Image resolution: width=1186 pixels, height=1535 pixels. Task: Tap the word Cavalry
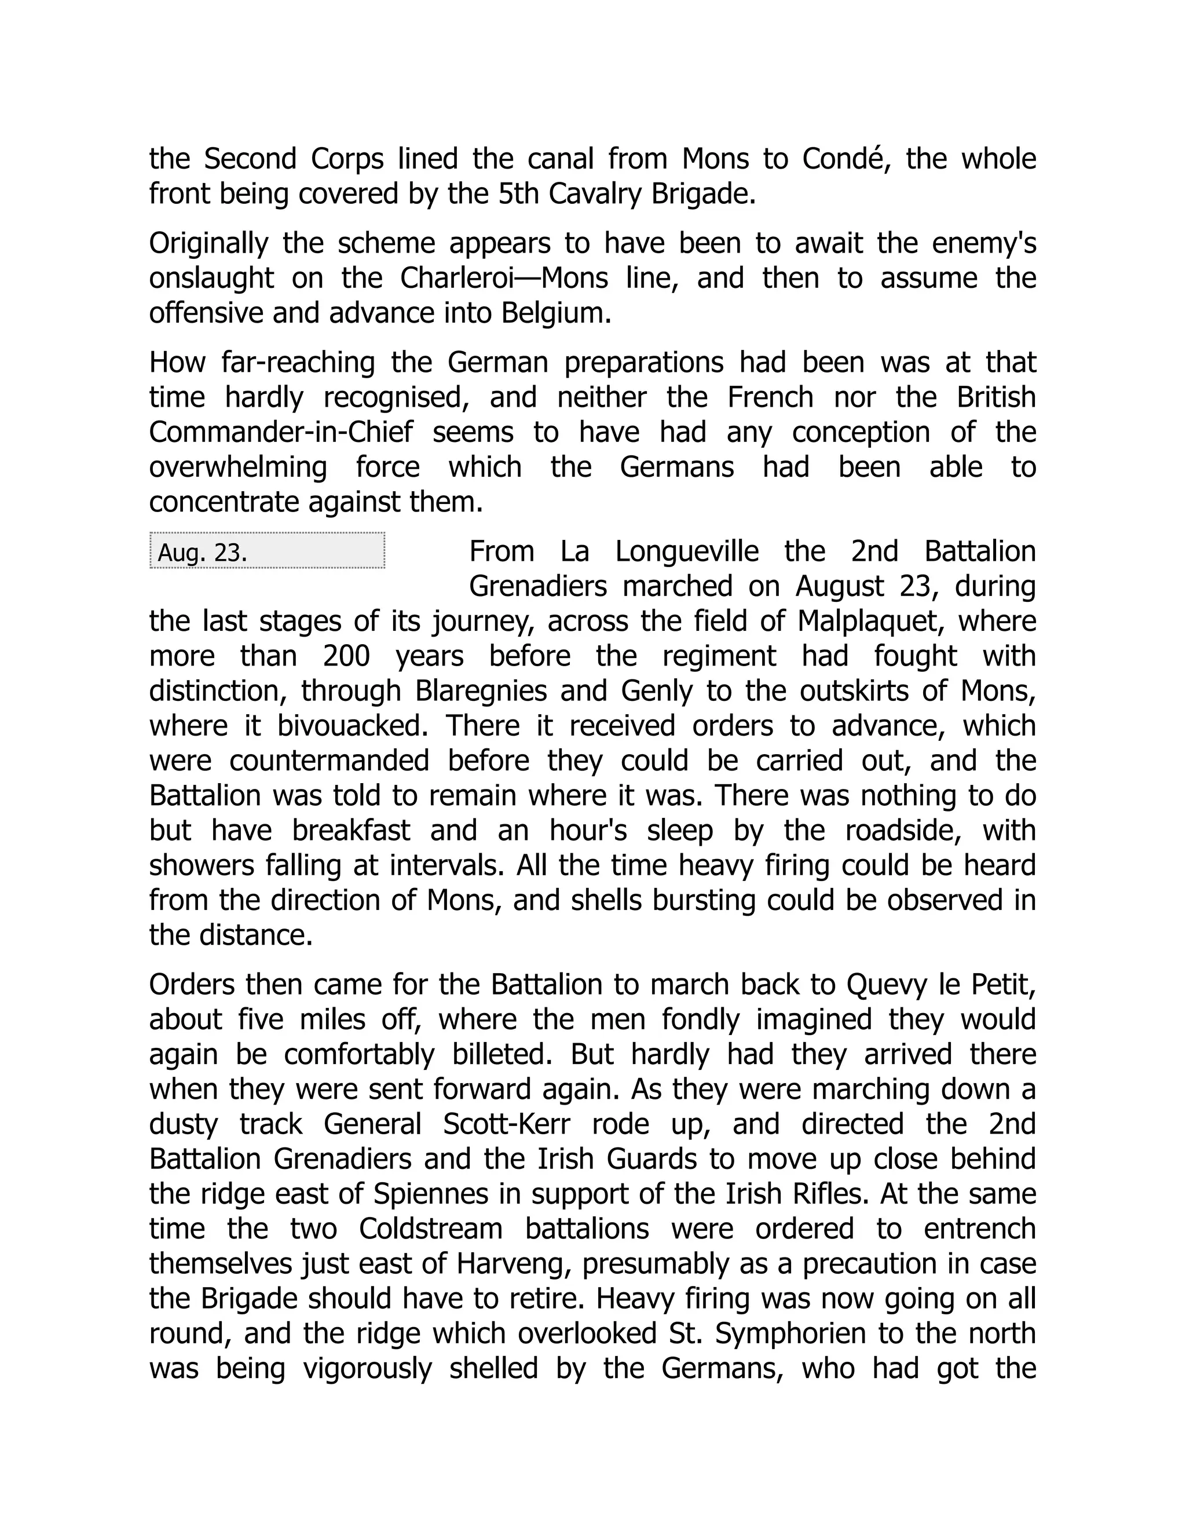click(595, 194)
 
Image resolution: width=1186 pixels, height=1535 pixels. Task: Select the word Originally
click(208, 243)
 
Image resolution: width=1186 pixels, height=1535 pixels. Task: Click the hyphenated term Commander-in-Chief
click(281, 432)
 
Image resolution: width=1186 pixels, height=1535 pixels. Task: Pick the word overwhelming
click(238, 467)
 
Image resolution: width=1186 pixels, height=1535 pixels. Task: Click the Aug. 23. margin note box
click(267, 551)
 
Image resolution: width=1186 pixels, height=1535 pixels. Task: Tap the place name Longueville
click(687, 551)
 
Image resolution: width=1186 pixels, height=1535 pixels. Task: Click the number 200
click(346, 656)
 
